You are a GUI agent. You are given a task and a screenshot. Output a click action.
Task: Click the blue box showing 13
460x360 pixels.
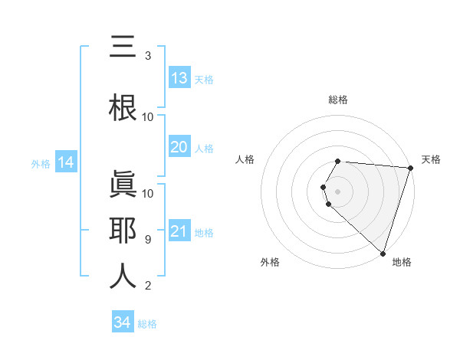click(x=179, y=78)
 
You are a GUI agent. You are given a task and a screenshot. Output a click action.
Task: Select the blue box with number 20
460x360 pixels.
click(x=179, y=147)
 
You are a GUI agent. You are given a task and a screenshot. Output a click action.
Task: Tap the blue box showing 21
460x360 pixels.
click(x=179, y=231)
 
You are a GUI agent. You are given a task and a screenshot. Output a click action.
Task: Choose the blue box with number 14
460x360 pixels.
click(x=66, y=162)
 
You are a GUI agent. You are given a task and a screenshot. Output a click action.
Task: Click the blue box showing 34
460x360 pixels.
click(x=123, y=322)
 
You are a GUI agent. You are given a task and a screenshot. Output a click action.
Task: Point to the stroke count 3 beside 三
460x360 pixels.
click(x=148, y=56)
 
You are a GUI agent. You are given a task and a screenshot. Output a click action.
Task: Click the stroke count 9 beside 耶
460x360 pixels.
click(x=148, y=240)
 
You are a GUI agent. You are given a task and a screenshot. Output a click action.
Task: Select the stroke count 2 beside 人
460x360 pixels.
click(x=148, y=286)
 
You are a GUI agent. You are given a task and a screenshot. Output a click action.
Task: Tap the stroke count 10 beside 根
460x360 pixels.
click(x=148, y=116)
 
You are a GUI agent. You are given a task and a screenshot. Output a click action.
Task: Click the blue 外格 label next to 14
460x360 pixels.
click(x=41, y=163)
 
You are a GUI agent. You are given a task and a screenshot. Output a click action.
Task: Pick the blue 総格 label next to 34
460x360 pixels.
click(x=147, y=324)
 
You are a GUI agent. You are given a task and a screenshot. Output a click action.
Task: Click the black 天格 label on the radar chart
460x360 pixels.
click(x=431, y=159)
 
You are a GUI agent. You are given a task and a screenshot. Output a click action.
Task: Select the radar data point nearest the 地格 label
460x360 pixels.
click(x=383, y=253)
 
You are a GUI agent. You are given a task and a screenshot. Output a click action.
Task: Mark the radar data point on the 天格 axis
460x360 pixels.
click(x=410, y=168)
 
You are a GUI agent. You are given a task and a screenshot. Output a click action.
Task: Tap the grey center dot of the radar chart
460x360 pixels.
click(x=338, y=191)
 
